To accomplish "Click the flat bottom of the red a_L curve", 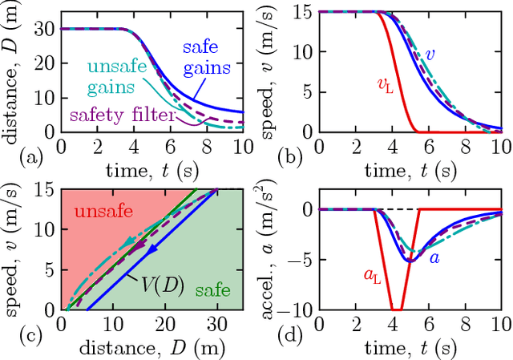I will click(x=395, y=309).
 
